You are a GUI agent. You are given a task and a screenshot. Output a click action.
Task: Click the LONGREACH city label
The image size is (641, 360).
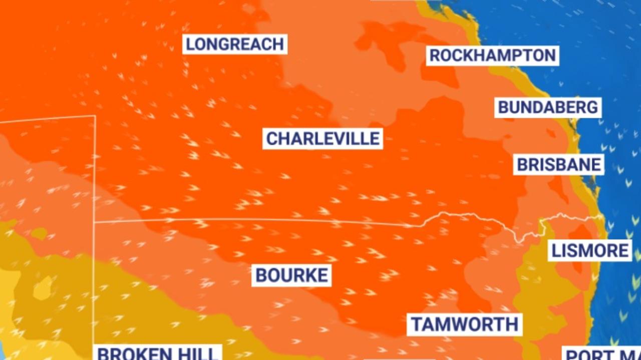click(235, 44)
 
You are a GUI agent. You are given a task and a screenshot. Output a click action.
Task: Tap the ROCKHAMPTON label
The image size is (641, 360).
click(492, 55)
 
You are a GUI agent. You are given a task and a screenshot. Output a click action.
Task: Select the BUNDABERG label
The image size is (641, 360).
click(548, 107)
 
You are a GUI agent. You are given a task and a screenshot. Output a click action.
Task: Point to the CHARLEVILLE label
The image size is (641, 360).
click(323, 139)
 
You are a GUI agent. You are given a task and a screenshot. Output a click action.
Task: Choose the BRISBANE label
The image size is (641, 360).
click(558, 165)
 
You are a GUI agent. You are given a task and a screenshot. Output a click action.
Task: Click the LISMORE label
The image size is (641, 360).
click(590, 250)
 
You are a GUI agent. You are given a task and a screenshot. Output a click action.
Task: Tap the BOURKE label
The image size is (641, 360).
click(291, 275)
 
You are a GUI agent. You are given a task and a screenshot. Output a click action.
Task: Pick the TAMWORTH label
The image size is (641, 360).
click(465, 324)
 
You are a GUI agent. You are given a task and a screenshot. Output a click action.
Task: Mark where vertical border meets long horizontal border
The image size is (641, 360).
click(95, 221)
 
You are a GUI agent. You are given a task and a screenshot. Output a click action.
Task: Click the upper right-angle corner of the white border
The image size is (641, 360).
click(95, 116)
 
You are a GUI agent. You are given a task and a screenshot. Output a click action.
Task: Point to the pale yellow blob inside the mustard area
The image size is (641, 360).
click(43, 287)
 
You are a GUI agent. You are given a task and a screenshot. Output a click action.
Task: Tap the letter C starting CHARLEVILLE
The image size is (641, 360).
click(271, 139)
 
